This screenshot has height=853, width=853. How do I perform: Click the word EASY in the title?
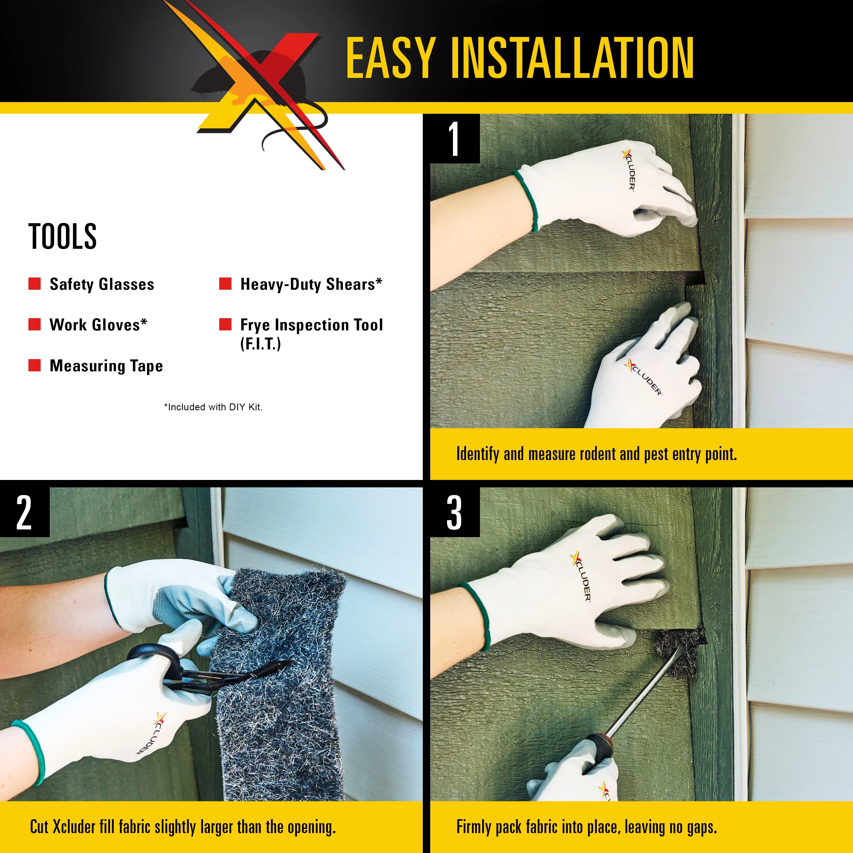click(390, 58)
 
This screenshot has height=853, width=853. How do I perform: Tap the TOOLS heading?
click(62, 237)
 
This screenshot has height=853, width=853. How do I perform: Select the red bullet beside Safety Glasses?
click(34, 283)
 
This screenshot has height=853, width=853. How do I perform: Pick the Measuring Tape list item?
click(106, 366)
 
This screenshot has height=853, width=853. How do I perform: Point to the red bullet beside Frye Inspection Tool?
click(225, 324)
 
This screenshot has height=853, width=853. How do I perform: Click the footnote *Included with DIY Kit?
click(213, 407)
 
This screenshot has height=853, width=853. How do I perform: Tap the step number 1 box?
click(454, 139)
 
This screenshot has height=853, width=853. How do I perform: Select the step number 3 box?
click(454, 512)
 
